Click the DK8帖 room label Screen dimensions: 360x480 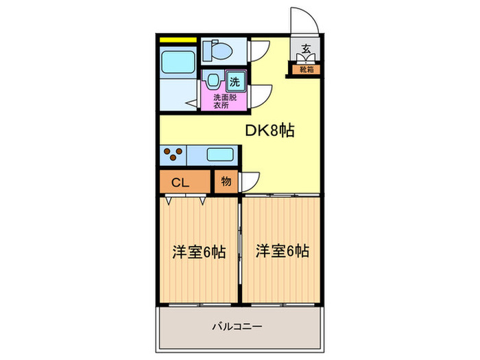[270, 130]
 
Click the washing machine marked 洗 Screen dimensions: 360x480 [235, 82]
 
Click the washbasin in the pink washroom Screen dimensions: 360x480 [213, 81]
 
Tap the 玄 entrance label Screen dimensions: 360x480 [305, 49]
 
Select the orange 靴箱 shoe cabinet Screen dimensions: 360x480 [306, 69]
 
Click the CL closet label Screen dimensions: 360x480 [180, 182]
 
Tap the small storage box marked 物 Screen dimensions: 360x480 [226, 182]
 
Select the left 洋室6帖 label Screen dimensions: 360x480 [198, 251]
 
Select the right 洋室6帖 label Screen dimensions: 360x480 [283, 251]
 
